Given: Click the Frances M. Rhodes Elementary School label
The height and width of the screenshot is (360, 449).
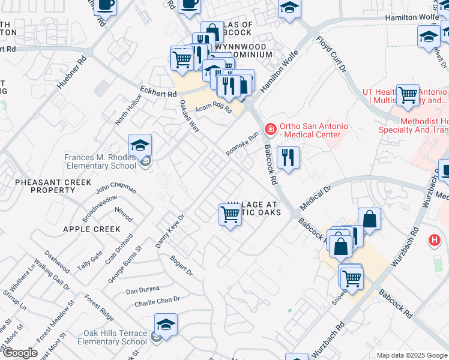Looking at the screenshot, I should pos(100,162).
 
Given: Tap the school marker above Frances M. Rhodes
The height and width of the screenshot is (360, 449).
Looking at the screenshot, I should pos(140,146).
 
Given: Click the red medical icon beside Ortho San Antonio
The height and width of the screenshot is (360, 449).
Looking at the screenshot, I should pos(271,128).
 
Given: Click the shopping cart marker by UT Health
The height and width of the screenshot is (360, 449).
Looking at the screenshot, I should pos(408,95).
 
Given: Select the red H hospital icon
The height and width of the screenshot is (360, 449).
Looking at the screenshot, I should pos(433,241).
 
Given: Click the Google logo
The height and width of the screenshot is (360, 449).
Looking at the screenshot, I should pos(19,353).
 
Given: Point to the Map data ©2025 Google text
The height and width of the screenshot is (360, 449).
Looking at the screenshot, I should pos(411,355).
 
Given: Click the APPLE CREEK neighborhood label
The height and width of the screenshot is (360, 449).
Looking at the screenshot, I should pos(92,229).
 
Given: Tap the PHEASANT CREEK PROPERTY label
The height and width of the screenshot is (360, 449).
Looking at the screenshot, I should pos(53,186).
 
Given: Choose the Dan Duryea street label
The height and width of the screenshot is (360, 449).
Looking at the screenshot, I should pos(142,290).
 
